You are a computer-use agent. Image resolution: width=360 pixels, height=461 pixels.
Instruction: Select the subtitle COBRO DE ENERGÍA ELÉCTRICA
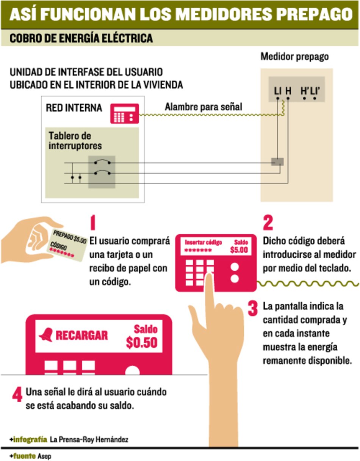coord(81,38)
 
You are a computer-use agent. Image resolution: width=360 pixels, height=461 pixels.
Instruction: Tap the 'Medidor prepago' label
coord(294,57)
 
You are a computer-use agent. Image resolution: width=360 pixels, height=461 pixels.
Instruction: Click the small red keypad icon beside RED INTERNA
coord(124,113)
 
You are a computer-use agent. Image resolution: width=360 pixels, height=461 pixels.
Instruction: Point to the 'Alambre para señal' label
coord(203,107)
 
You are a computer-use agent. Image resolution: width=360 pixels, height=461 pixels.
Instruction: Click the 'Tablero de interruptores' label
coord(75,141)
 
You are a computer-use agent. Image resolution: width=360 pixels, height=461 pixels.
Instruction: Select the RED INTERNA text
coord(74,108)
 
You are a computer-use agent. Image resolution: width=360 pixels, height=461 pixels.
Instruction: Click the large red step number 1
coord(92,224)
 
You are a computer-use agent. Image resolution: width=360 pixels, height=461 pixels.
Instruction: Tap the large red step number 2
coord(268,224)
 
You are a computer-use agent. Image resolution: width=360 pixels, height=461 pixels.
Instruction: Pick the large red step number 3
coord(253,309)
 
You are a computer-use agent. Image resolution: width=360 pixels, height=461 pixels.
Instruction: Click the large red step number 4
coord(17,395)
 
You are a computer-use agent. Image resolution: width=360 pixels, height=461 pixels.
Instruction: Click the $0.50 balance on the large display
coord(141,342)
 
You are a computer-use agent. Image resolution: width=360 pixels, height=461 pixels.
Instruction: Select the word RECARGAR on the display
coord(81,336)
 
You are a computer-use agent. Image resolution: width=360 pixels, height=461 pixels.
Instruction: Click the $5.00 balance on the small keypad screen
coord(239,250)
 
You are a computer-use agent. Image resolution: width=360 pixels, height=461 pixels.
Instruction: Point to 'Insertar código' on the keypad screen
coord(203,243)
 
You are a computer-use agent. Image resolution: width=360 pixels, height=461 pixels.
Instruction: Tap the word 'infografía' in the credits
coord(30,440)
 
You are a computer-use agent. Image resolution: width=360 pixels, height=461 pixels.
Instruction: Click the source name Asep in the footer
coord(44,456)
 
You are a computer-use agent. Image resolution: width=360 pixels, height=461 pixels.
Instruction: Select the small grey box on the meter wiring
coord(277,162)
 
